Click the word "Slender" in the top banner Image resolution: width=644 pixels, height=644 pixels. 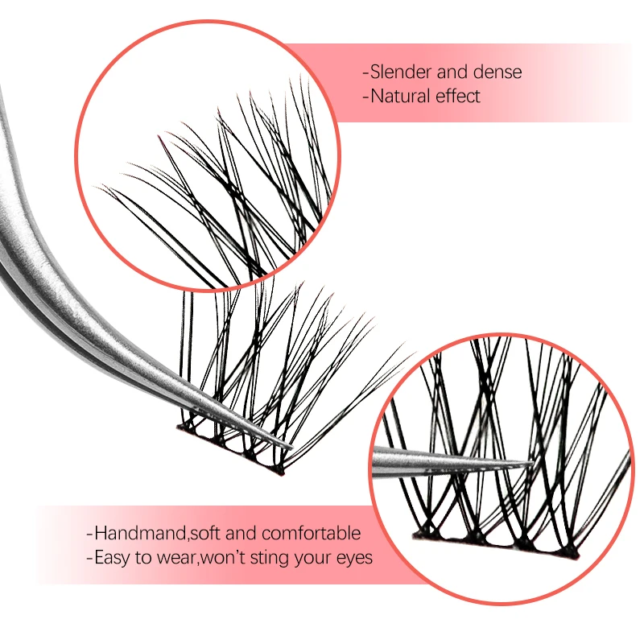point(398,72)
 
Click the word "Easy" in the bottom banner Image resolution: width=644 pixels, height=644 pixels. point(113,557)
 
